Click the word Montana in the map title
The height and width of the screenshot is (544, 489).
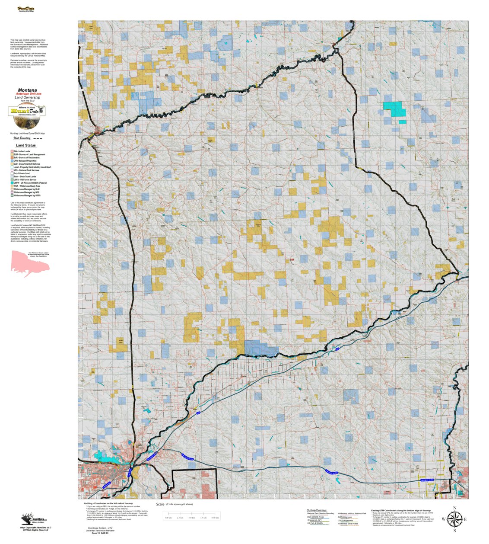27,90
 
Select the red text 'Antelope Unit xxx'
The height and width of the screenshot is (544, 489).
29,94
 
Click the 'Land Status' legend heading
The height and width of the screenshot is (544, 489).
26,145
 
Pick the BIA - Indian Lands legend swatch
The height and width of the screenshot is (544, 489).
12,151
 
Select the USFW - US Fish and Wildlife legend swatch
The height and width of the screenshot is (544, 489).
12,183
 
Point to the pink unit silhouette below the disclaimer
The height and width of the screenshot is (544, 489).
29,263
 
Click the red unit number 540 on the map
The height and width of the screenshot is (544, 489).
292,260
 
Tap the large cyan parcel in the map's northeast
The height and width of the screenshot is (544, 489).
395,109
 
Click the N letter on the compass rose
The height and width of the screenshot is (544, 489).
454,508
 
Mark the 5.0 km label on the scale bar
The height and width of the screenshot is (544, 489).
192,518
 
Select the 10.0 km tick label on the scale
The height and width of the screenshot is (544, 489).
215,518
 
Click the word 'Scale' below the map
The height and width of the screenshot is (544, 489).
160,504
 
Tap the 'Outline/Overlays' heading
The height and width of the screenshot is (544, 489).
317,510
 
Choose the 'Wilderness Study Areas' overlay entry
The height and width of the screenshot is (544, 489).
348,524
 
